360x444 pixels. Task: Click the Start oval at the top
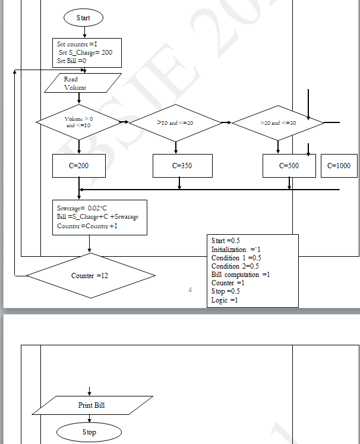click(83, 18)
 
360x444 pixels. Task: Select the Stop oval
click(89, 432)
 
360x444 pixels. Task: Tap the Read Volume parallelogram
click(83, 83)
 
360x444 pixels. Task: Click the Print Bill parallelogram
click(92, 405)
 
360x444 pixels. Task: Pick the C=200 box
click(79, 166)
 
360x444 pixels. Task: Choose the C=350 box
click(182, 166)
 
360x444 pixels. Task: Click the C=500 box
click(289, 166)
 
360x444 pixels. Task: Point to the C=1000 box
click(339, 166)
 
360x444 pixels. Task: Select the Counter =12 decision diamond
click(90, 276)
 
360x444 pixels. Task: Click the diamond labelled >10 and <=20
click(175, 122)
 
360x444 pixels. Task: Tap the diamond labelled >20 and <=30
click(278, 122)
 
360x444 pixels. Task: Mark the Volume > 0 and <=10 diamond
click(79, 122)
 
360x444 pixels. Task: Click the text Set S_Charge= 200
click(86, 52)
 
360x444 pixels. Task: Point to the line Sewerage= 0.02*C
click(82, 209)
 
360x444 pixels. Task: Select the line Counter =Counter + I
click(87, 226)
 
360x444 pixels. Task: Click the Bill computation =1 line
click(241, 275)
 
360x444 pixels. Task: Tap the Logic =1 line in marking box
click(225, 300)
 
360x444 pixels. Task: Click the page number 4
click(190, 289)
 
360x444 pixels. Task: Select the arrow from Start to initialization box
click(84, 32)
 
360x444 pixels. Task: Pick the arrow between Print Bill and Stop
click(90, 418)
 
